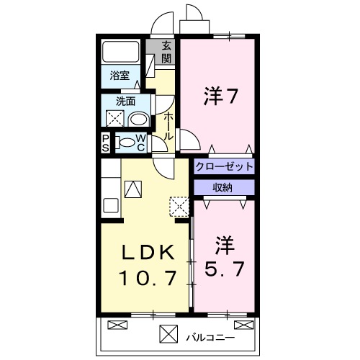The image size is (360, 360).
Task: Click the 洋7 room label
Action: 220,96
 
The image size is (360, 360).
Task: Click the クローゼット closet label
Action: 225,166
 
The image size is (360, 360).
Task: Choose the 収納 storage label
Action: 222,187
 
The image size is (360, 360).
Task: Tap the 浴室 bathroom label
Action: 120,75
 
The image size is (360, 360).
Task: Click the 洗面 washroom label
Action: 117,102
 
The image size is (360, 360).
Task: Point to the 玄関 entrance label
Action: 167,52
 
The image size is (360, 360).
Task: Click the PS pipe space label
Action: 106,142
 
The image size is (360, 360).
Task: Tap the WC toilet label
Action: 141,142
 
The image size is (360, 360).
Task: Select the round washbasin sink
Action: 138,120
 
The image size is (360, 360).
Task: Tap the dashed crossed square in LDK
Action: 177,207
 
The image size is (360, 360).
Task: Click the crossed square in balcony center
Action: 168,334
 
